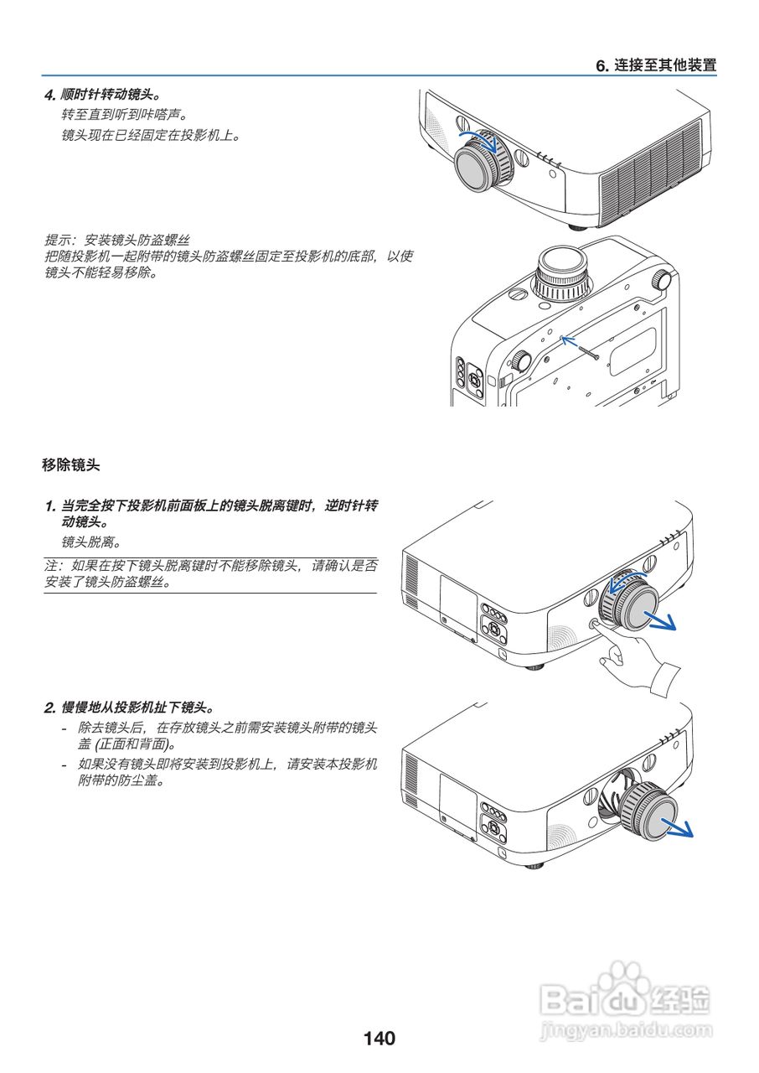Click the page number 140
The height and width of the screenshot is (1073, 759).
(x=379, y=1039)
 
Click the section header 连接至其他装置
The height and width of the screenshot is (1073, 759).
(x=656, y=65)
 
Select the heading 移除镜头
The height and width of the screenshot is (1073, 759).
(x=71, y=464)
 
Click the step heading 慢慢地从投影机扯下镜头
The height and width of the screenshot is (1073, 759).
(x=134, y=707)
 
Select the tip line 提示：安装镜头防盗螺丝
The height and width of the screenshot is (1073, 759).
(x=116, y=240)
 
